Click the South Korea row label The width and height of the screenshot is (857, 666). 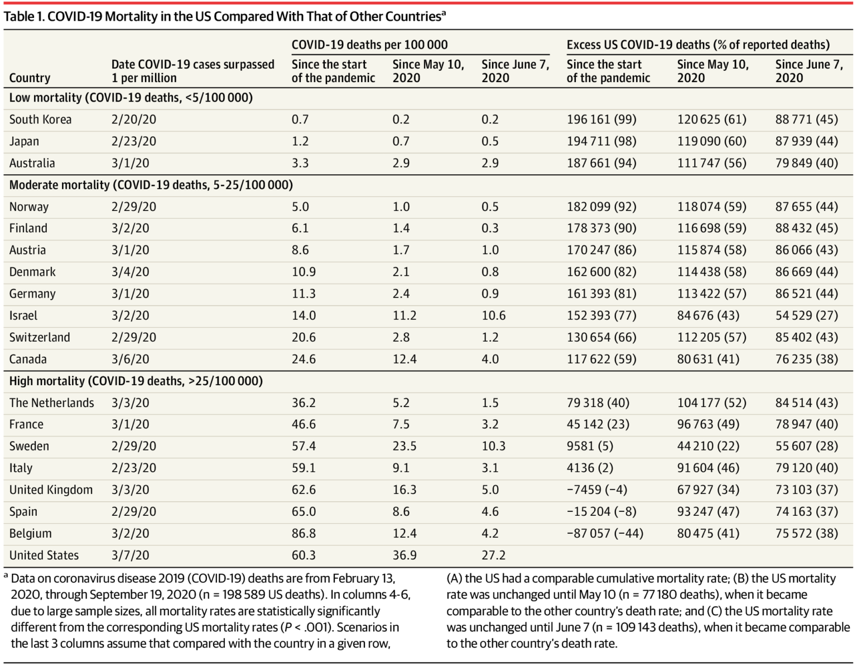(x=40, y=119)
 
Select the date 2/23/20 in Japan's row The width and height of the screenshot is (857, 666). (x=133, y=141)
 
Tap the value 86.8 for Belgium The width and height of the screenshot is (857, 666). (x=304, y=534)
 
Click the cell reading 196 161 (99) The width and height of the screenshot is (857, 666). (x=601, y=119)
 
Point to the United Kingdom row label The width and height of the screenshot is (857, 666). (x=51, y=490)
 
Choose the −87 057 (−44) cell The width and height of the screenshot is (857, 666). (x=604, y=534)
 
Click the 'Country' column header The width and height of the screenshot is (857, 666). (x=30, y=78)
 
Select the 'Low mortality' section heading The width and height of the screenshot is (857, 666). (x=131, y=98)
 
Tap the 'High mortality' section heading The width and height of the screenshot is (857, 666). (x=136, y=381)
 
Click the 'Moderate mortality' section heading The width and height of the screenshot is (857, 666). (x=151, y=185)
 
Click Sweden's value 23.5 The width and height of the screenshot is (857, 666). (x=405, y=447)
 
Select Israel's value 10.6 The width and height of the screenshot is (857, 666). (x=493, y=316)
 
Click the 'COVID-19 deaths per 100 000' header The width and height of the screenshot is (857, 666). (x=369, y=45)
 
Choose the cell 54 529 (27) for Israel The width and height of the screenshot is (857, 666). (x=806, y=316)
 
